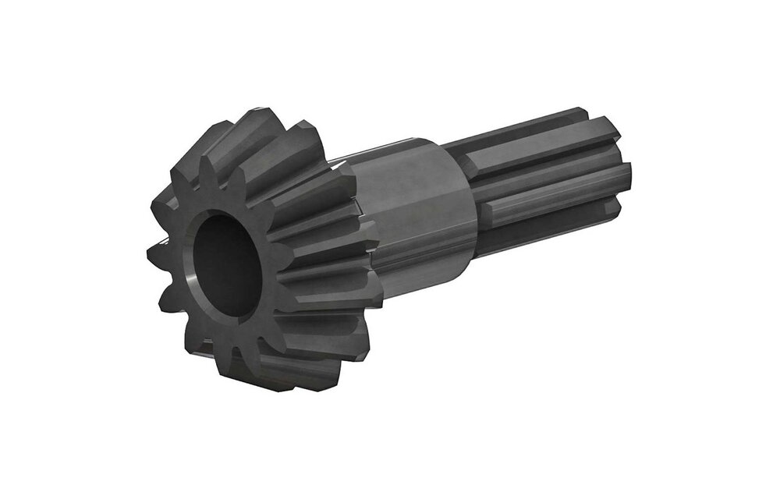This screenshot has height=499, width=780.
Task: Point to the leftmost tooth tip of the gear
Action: coord(150,253)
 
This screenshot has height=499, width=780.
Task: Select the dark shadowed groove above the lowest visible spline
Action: coord(546,214)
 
